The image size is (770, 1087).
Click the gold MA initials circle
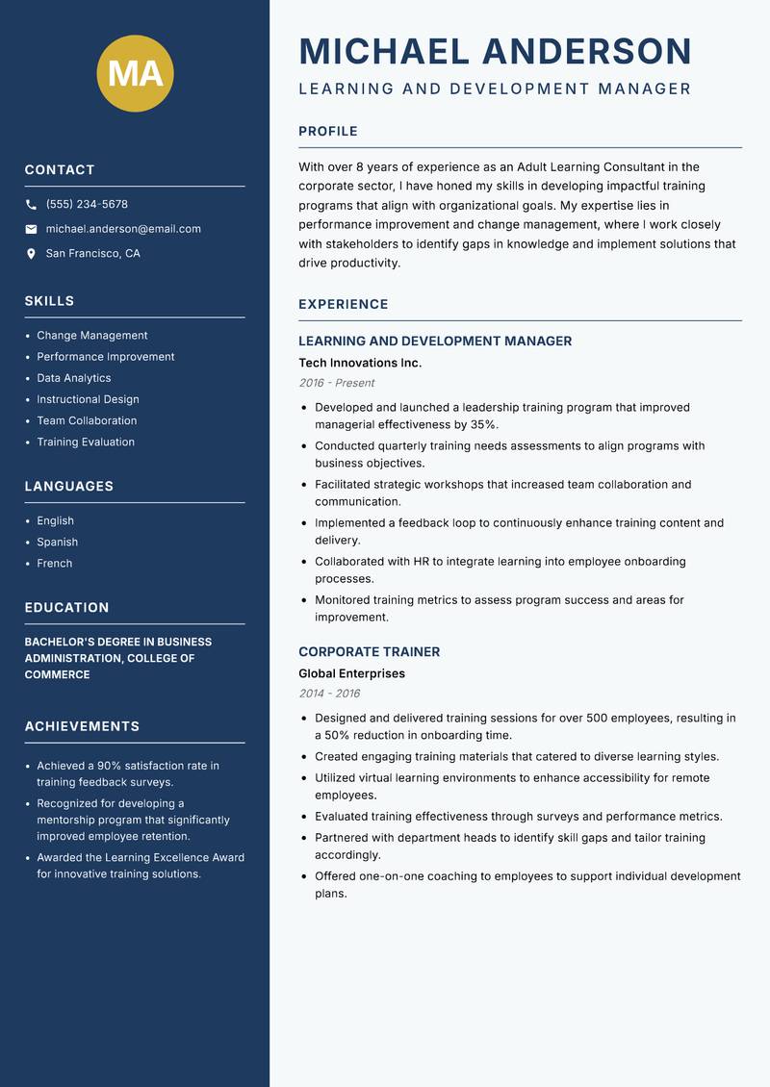pyautogui.click(x=135, y=73)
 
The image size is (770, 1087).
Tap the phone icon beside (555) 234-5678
pyautogui.click(x=31, y=205)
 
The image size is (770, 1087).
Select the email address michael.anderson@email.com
pyautogui.click(x=123, y=229)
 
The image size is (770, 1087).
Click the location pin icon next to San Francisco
pyautogui.click(x=31, y=254)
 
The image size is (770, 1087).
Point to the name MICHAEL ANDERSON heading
pyautogui.click(x=495, y=51)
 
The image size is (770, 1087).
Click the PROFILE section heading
pyautogui.click(x=327, y=132)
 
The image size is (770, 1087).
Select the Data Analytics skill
pyautogui.click(x=73, y=378)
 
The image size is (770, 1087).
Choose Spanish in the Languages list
pyautogui.click(x=57, y=542)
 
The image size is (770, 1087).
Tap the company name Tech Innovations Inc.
pyautogui.click(x=360, y=363)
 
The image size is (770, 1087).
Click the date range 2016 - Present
pyautogui.click(x=336, y=383)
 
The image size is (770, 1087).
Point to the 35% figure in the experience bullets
pyautogui.click(x=483, y=424)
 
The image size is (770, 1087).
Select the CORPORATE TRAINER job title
pyautogui.click(x=369, y=651)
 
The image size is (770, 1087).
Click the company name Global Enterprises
pyautogui.click(x=351, y=673)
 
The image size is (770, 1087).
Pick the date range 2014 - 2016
pyautogui.click(x=329, y=694)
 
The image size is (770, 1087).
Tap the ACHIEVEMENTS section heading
pyautogui.click(x=82, y=726)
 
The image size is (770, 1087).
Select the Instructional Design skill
pyautogui.click(x=88, y=399)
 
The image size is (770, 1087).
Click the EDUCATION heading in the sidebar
pyautogui.click(x=66, y=608)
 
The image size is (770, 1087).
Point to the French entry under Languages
pyautogui.click(x=54, y=563)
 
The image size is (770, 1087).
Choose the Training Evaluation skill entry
pyautogui.click(x=85, y=442)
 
